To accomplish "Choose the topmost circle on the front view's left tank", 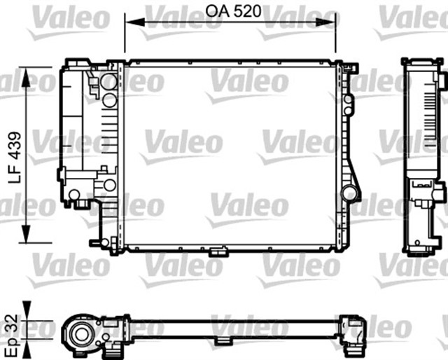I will click(108, 82).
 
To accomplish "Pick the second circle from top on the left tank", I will click(109, 100).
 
